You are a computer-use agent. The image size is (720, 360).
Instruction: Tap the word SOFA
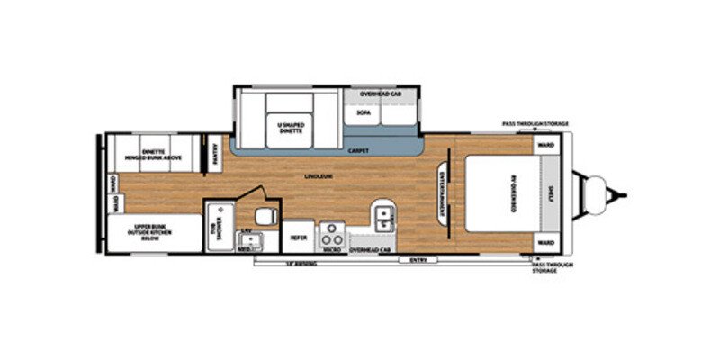[x=363, y=113]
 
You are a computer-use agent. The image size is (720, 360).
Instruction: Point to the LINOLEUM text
[x=311, y=176]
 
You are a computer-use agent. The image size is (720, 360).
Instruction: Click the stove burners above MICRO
[x=332, y=234]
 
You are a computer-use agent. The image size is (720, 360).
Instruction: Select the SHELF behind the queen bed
[x=550, y=192]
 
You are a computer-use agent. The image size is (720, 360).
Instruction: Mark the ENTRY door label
[x=418, y=259]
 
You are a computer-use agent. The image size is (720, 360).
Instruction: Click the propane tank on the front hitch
[x=594, y=192]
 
